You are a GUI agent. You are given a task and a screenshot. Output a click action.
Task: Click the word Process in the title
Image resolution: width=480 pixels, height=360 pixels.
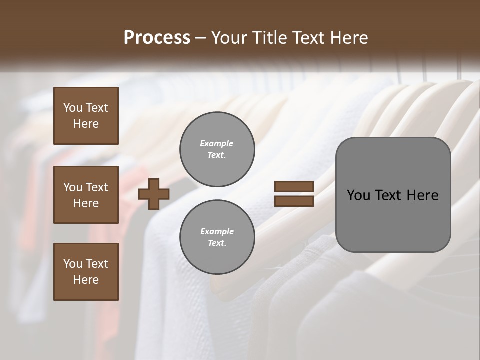pos(157,38)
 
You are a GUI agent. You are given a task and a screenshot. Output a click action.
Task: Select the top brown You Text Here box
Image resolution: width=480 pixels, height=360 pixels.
pos(86,116)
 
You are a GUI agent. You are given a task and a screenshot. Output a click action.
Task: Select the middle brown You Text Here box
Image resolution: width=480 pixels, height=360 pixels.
pos(86,195)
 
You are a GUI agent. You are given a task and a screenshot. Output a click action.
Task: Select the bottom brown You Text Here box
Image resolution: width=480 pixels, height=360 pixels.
pos(86,272)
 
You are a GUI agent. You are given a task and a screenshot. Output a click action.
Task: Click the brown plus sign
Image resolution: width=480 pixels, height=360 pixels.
pos(154,194)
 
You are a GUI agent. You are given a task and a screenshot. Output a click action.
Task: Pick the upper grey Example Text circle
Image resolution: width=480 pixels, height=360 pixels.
pos(217,149)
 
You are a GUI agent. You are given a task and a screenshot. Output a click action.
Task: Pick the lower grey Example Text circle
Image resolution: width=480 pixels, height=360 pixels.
pos(217,237)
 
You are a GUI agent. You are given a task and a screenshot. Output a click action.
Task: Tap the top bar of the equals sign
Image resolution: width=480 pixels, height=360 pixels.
pos(294,187)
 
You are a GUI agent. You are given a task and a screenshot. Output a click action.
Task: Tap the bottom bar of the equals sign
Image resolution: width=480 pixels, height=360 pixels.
pos(294,201)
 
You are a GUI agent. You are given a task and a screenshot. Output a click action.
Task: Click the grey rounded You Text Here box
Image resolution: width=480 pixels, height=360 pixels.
pos(393,195)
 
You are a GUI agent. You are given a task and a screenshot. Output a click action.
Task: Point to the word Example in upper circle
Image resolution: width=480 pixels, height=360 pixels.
pos(217,144)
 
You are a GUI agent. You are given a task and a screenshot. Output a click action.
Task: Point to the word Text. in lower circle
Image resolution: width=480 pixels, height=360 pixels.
pos(217,243)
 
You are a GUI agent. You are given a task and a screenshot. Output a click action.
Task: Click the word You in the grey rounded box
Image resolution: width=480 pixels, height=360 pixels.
pos(358,195)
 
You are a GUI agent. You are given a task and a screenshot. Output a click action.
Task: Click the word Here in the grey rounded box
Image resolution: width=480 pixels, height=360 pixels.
pos(423,195)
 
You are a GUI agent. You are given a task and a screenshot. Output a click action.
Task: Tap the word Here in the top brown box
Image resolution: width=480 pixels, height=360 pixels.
pos(86,124)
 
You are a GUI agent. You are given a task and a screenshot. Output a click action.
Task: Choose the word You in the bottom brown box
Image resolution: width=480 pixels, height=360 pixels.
pos(73,264)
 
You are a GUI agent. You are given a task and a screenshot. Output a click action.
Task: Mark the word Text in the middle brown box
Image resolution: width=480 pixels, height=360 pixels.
pos(97,187)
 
